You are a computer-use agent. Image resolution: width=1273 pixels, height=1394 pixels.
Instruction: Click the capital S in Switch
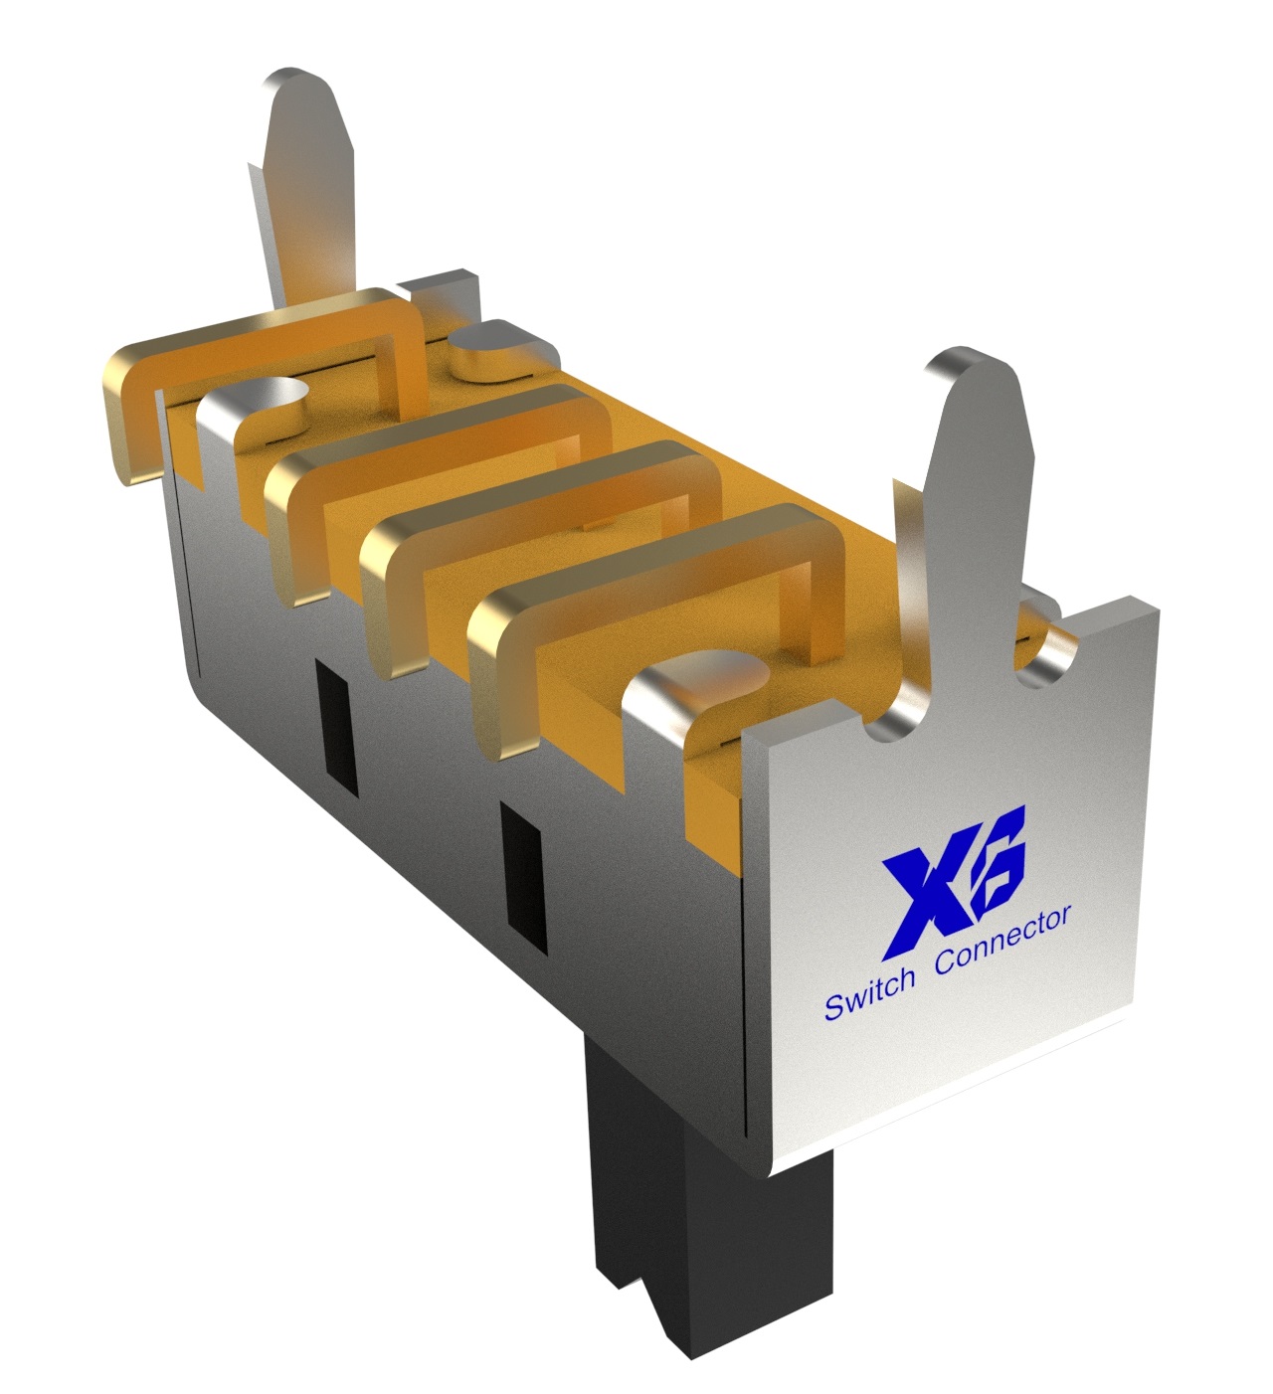[833, 1008]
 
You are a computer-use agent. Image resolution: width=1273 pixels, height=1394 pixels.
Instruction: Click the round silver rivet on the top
[487, 348]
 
